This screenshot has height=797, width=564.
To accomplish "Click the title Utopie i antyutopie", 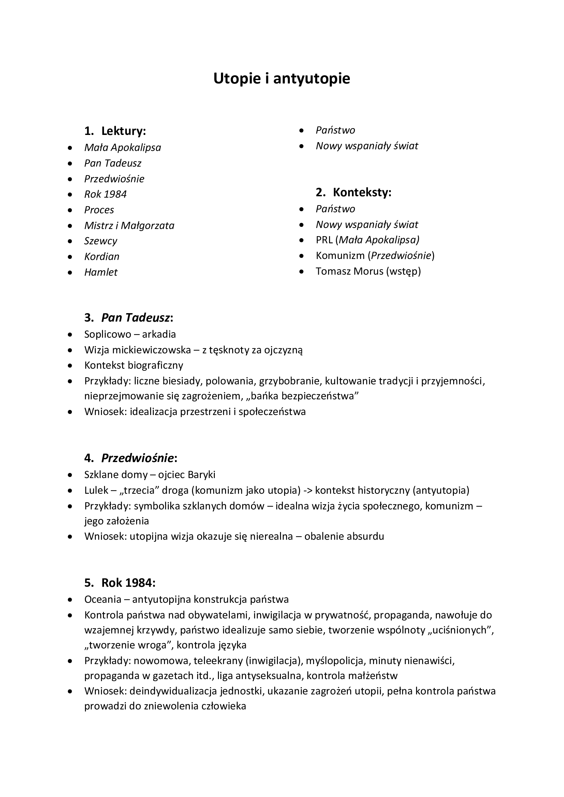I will point(282,79).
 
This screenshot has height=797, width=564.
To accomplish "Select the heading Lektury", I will point(123,131).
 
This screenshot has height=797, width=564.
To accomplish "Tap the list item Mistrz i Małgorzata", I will point(129,226).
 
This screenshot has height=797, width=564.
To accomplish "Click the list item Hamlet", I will point(101,272).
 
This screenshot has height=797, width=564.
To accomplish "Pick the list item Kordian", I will point(102,257).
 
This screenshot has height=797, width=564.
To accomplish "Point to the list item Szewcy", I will point(101,241).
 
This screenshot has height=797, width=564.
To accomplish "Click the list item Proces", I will point(99,210).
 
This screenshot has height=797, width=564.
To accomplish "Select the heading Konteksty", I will point(361,192).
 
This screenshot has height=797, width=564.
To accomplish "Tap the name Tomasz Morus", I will point(349,271).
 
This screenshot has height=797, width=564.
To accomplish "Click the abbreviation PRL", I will point(324,240).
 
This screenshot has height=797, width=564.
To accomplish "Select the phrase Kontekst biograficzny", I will point(134,365).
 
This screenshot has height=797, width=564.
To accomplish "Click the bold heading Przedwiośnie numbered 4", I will point(137,458).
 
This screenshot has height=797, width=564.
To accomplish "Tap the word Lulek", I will point(96,490).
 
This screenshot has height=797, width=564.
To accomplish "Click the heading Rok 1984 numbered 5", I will point(128,583).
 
